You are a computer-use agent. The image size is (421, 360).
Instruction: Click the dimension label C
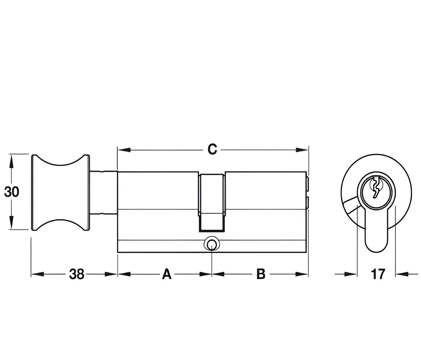212,150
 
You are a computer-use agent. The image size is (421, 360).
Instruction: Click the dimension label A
167,274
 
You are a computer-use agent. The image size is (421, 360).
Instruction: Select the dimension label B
261,274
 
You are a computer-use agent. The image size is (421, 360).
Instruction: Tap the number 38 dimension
77,274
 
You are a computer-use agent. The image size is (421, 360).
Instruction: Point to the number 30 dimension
11,192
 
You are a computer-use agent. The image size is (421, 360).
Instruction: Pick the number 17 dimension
378,274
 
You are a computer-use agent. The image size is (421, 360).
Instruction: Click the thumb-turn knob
60,192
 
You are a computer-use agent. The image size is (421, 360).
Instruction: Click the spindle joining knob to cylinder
103,192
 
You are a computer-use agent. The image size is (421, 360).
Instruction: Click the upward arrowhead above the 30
11,161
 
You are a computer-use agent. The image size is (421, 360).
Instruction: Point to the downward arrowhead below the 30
11,223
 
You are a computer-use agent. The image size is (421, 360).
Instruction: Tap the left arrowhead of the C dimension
124,150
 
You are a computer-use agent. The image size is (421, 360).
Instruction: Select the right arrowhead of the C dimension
302,150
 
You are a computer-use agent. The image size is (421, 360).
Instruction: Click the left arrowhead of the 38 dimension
38,274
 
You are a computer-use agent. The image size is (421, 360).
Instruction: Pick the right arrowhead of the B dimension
302,274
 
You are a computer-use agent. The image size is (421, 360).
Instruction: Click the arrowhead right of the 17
402,274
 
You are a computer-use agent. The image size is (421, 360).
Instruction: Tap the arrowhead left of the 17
351,274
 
